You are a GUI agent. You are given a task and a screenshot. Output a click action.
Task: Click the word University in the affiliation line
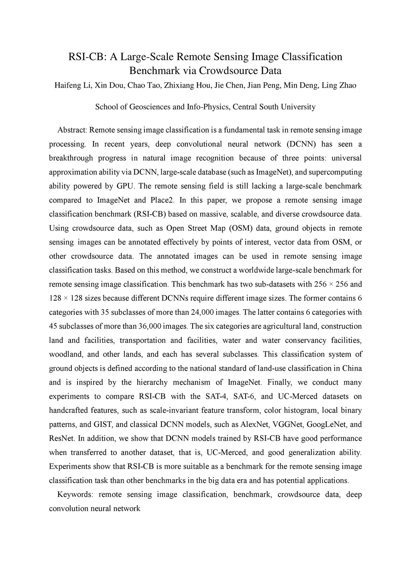coord(298,107)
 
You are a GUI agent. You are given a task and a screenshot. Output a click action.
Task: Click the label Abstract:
coord(72,130)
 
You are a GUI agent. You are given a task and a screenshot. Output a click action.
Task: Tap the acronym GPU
coord(126,186)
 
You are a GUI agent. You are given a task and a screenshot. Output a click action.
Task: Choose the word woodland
coord(65,355)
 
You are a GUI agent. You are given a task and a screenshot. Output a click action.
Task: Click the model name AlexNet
coord(255,424)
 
